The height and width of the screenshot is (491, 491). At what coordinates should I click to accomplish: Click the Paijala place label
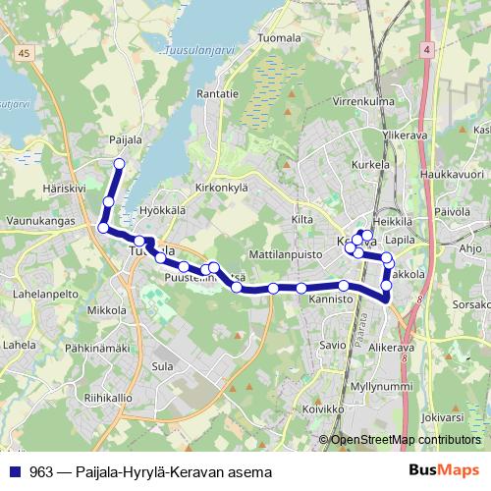pyautogui.click(x=126, y=140)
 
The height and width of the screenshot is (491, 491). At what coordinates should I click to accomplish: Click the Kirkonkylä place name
pyautogui.click(x=225, y=187)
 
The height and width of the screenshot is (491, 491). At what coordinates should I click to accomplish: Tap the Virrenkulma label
pyautogui.click(x=363, y=101)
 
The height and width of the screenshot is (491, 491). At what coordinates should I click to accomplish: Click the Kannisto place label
pyautogui.click(x=330, y=298)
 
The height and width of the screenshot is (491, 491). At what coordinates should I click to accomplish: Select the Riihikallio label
pyautogui.click(x=108, y=398)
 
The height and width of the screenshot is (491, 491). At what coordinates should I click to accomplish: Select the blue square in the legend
pyautogui.click(x=16, y=472)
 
